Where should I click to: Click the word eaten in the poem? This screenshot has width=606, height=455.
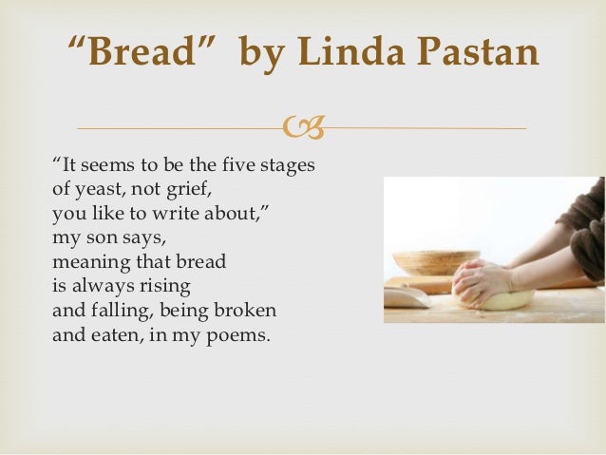click(x=114, y=333)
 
